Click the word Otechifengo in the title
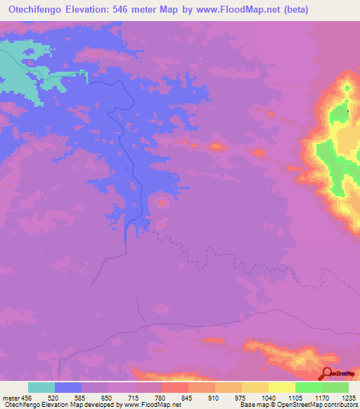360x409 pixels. (32, 9)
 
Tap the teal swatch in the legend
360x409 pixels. (41, 387)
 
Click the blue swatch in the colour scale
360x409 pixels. (68, 387)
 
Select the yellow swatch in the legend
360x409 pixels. (282, 387)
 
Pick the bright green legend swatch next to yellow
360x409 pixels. (309, 387)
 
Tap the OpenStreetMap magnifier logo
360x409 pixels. (327, 374)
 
